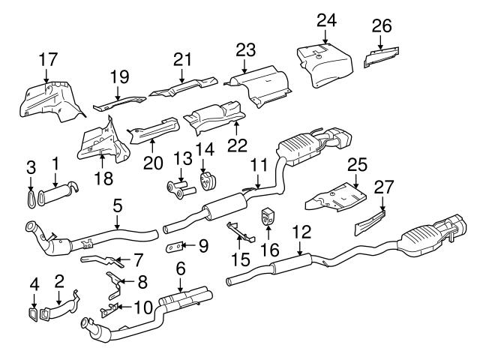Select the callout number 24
pyautogui.click(x=325, y=19)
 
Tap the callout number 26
pyautogui.click(x=382, y=26)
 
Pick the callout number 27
pyautogui.click(x=382, y=189)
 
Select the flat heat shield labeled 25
pyautogui.click(x=336, y=195)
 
